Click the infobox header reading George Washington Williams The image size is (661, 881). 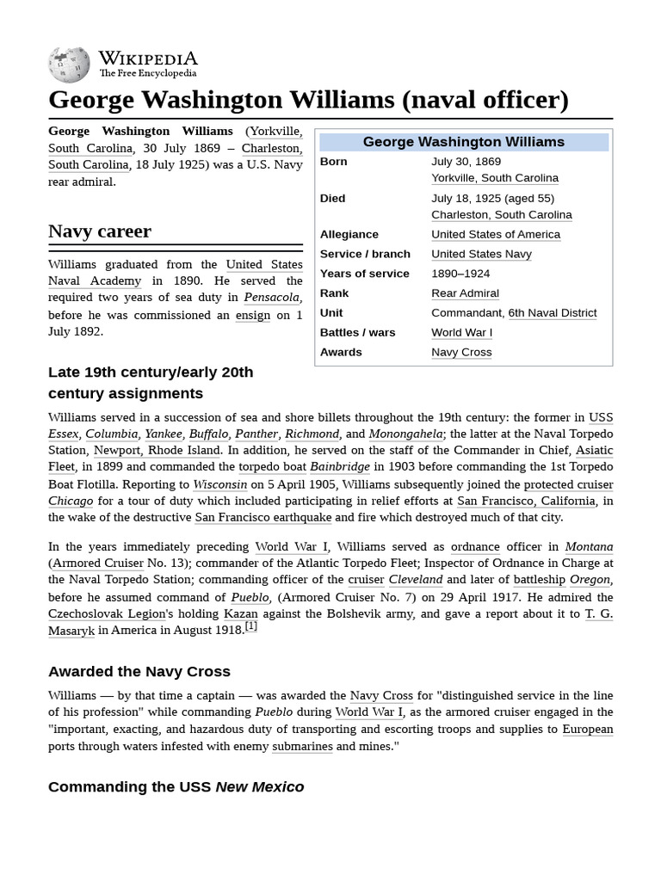(x=463, y=142)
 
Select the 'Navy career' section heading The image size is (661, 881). (x=100, y=231)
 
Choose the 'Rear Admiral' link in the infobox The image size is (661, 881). (x=465, y=293)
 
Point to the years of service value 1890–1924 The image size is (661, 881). (x=460, y=274)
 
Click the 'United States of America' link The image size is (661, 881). (x=495, y=234)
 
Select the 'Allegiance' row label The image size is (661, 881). (x=349, y=234)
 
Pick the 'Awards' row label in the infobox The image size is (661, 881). (x=341, y=352)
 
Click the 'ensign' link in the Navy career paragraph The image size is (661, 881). (x=252, y=315)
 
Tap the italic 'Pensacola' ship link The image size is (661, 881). (x=271, y=298)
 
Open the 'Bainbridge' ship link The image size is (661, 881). (x=340, y=467)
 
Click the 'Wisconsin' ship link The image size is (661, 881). (x=219, y=484)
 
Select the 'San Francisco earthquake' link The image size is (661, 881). (x=263, y=517)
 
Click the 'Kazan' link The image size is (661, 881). (x=240, y=613)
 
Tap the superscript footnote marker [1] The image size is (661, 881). (x=250, y=626)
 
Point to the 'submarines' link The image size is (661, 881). (x=302, y=746)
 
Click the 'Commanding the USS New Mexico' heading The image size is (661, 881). (x=176, y=786)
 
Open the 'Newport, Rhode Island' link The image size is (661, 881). (x=157, y=450)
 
